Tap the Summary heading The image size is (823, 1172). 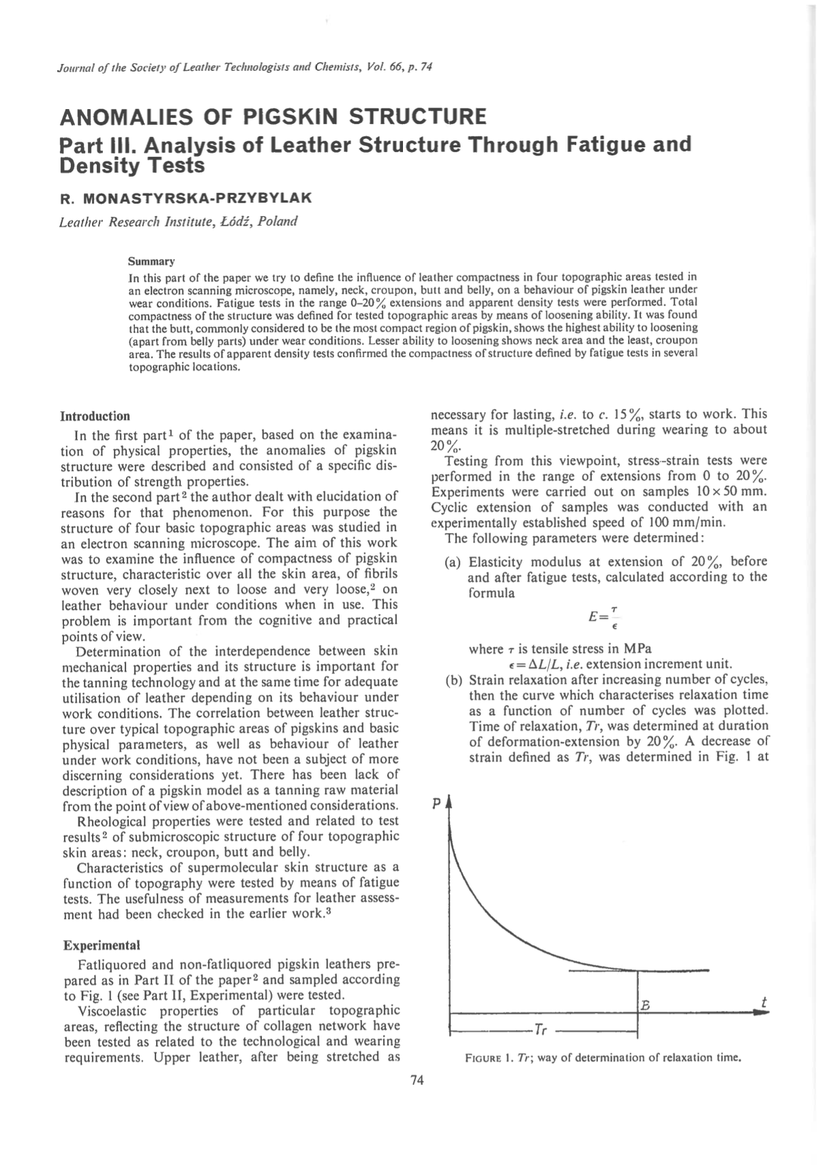[x=151, y=261]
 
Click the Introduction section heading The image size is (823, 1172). [x=95, y=416]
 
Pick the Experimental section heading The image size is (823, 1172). [x=101, y=946]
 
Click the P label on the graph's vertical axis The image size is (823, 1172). [x=436, y=805]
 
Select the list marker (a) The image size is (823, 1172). [x=453, y=562]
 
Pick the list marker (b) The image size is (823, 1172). [x=453, y=680]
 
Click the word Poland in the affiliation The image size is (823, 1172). [x=278, y=222]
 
